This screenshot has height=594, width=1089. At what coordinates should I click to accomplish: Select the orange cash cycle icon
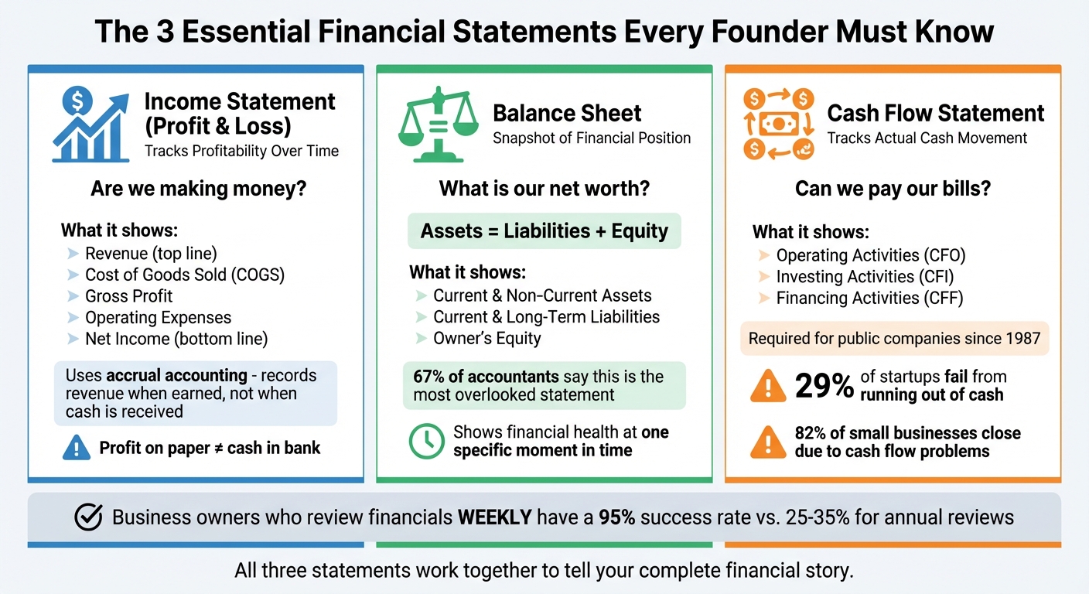pos(777,124)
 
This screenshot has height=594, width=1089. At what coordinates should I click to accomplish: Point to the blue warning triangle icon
pos(75,448)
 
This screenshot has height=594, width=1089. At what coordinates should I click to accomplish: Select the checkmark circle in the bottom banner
pos(89,517)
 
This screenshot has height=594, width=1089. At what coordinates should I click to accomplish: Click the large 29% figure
pos(824,386)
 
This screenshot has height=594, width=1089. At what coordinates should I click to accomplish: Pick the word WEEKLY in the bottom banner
pos(494,517)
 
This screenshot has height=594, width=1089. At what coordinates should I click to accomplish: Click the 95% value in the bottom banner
pos(616,517)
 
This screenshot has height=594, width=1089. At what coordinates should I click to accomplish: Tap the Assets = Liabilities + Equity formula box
pos(544,231)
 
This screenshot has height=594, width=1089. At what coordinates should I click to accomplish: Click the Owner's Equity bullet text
pos(486,338)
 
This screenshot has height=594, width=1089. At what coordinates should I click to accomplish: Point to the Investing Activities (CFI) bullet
pos(865,277)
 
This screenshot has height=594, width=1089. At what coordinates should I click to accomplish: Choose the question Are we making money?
pos(198,188)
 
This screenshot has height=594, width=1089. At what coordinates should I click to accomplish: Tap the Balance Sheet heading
pos(567,113)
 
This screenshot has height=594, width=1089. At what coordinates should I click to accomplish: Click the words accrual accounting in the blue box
pos(176,376)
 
